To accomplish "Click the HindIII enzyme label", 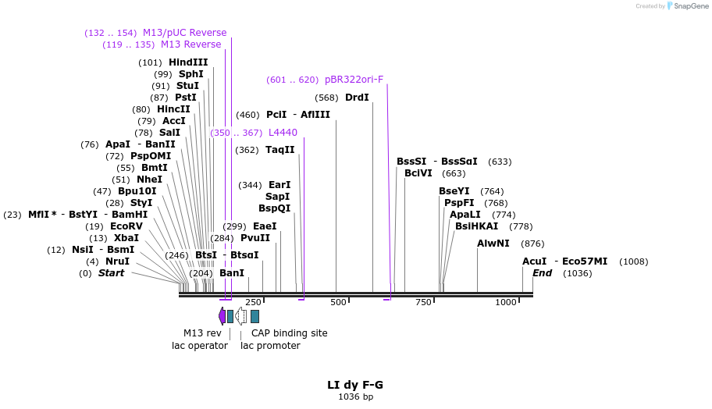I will (188, 62).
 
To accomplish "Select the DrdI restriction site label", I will (357, 98).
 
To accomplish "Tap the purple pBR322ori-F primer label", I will (354, 80).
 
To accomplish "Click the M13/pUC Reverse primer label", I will (184, 33).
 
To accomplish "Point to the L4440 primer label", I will (283, 133).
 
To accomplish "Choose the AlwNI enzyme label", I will (493, 244).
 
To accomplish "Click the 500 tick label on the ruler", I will (338, 302).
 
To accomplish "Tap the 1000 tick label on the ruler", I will (506, 302).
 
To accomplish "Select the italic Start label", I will (111, 273).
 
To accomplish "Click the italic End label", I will (542, 273).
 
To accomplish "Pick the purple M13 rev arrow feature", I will (222, 316).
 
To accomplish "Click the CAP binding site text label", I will (289, 333).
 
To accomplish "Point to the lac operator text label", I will (200, 346).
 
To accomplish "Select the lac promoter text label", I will (270, 346).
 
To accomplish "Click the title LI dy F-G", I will (355, 385).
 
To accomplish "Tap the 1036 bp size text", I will (355, 397).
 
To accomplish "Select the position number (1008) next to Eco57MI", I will (633, 261).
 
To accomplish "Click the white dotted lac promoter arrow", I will (241, 316).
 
